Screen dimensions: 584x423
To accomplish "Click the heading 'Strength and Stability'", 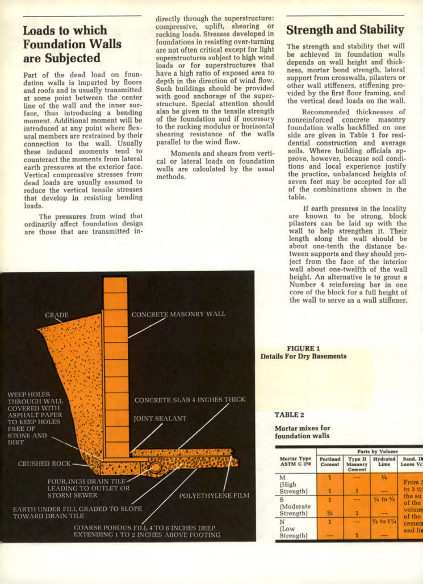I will coord(345,30).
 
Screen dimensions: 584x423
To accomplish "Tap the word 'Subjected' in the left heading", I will coord(72,58).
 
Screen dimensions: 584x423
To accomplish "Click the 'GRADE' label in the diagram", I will coord(57,315).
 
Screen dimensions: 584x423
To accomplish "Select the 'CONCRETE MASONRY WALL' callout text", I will coord(179,314).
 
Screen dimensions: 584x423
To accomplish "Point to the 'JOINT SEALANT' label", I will coord(160,419).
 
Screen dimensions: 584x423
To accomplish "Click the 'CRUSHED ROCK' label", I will coord(44,464).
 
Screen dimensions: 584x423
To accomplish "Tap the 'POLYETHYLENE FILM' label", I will coord(214,496).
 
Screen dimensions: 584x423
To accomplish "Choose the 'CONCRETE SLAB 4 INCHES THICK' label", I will coord(190,400).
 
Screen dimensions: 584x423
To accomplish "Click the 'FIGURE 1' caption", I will coord(304,348).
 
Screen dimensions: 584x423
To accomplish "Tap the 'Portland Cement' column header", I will coord(330,462).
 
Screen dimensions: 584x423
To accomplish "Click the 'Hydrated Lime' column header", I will coord(384,462).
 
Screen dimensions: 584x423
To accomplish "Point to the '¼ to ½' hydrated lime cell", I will coord(384,499).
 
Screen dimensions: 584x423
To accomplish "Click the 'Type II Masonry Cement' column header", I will coord(357,464).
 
